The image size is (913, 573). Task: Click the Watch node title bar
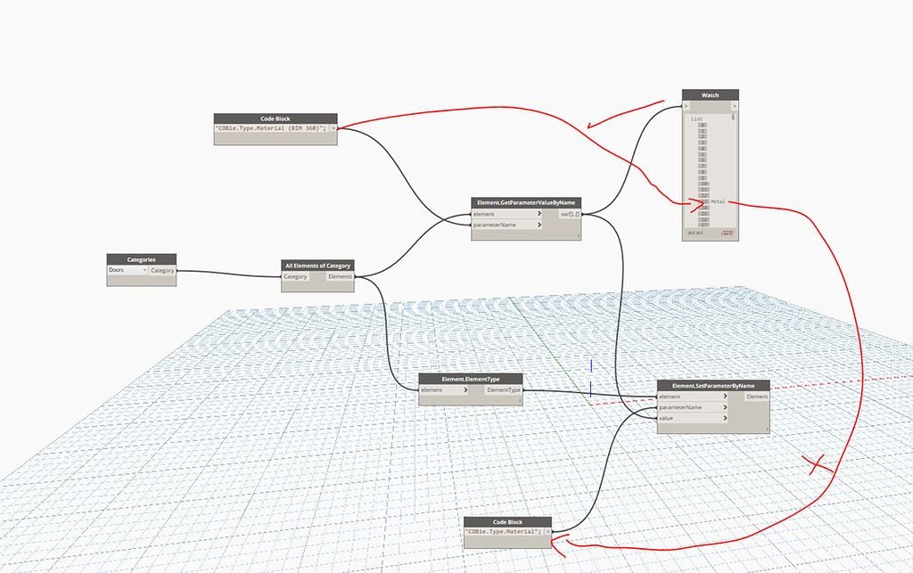[x=711, y=94]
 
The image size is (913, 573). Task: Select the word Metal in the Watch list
[x=718, y=202]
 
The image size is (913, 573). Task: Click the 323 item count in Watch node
[x=728, y=233]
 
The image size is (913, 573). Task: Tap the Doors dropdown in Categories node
[x=127, y=270]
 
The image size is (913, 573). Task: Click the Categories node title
[x=141, y=259]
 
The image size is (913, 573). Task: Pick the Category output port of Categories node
[x=162, y=270]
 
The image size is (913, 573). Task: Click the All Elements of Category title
[x=317, y=266]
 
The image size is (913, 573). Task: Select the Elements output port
[x=341, y=276]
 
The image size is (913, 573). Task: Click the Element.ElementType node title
[x=471, y=379]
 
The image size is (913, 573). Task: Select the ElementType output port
[x=503, y=389]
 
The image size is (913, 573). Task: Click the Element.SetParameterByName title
[x=712, y=385]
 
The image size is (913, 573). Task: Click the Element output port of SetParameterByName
[x=756, y=397]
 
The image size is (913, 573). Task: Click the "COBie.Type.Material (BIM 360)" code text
[x=271, y=128]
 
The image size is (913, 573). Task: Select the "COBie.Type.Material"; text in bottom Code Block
[x=502, y=531]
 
